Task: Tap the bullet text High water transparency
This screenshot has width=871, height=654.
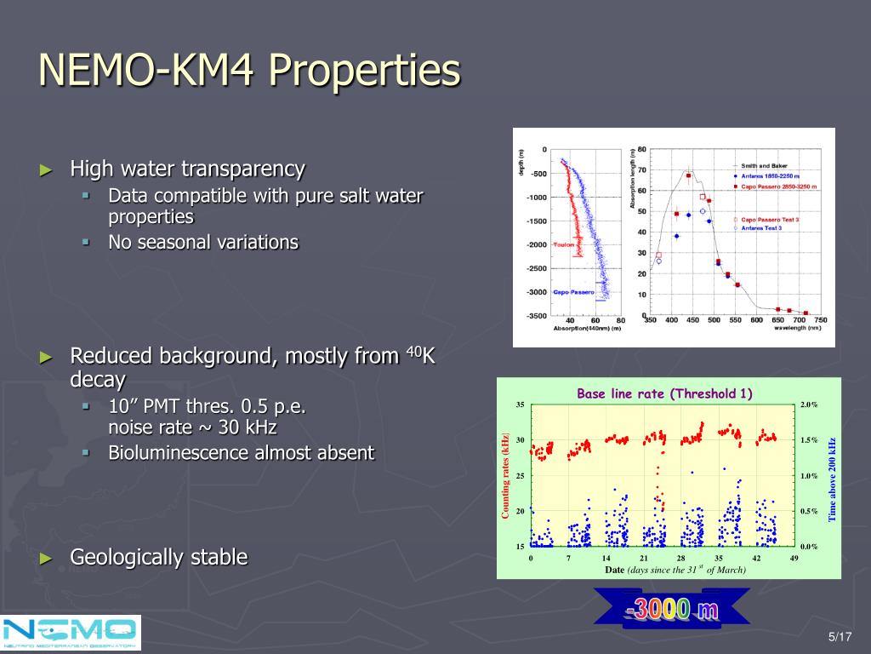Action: click(187, 169)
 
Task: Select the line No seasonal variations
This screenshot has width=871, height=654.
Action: click(203, 242)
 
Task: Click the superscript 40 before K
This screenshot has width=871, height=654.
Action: click(413, 350)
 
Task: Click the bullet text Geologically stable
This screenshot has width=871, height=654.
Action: click(159, 558)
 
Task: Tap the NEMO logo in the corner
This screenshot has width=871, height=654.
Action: click(71, 633)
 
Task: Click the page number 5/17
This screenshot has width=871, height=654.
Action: click(840, 637)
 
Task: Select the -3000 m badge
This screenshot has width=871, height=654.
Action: click(672, 610)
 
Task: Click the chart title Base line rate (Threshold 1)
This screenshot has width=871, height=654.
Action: click(664, 393)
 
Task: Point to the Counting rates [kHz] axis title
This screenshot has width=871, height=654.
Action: click(505, 474)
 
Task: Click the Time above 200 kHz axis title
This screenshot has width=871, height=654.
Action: click(833, 479)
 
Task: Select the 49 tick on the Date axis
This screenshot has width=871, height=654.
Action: click(794, 558)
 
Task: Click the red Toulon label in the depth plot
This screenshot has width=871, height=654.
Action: click(564, 245)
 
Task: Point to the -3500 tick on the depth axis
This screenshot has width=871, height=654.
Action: click(537, 316)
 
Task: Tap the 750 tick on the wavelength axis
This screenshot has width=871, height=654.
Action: click(820, 320)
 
